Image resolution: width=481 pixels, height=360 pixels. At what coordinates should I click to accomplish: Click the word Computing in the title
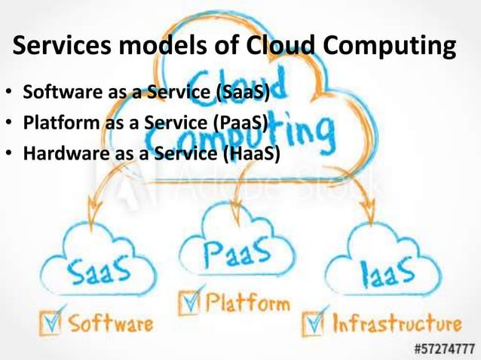(390, 47)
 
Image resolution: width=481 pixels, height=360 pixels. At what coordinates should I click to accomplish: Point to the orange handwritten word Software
(111, 325)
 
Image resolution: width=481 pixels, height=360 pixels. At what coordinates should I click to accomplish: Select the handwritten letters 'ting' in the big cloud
(305, 135)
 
